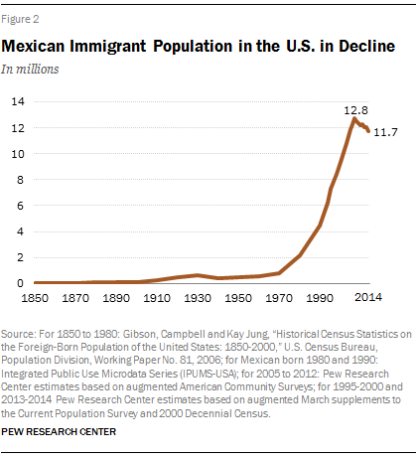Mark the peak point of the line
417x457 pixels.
click(353, 118)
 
